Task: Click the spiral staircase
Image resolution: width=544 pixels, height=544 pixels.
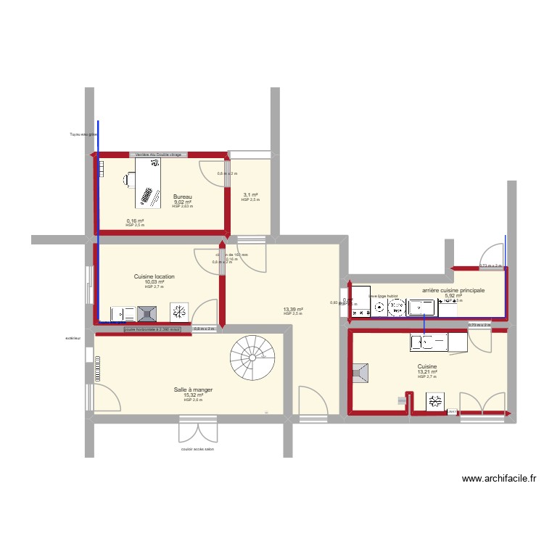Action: point(253,355)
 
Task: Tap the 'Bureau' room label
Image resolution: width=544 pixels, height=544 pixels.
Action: point(182,197)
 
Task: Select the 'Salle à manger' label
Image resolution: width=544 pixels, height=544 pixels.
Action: point(192,390)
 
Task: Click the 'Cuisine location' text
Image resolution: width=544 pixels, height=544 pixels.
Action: point(154,276)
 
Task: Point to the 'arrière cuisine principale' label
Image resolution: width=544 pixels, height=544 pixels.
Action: point(453,290)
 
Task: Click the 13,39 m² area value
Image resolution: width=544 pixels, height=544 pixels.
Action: point(293,309)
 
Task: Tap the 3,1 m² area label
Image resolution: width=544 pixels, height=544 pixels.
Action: point(250,195)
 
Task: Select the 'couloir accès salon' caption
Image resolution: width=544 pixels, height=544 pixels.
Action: point(198,449)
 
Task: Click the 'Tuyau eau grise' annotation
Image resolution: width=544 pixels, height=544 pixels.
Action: point(82,134)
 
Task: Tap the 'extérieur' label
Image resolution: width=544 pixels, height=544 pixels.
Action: point(73,338)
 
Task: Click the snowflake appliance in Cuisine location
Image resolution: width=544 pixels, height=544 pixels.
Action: point(178,313)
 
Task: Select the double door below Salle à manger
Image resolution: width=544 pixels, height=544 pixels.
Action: point(198,429)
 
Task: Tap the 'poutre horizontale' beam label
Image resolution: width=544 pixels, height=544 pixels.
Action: point(152,329)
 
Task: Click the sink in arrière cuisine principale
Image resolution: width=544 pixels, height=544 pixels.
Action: point(421,308)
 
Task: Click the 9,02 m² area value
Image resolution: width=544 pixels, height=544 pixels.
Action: point(182,202)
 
